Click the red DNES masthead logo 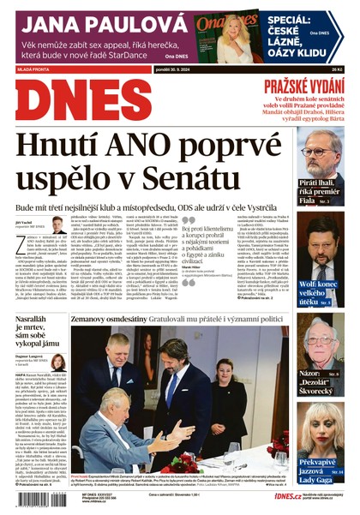click(x=83, y=100)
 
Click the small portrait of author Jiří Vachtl click(x=58, y=225)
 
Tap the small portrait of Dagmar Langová click(x=57, y=362)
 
